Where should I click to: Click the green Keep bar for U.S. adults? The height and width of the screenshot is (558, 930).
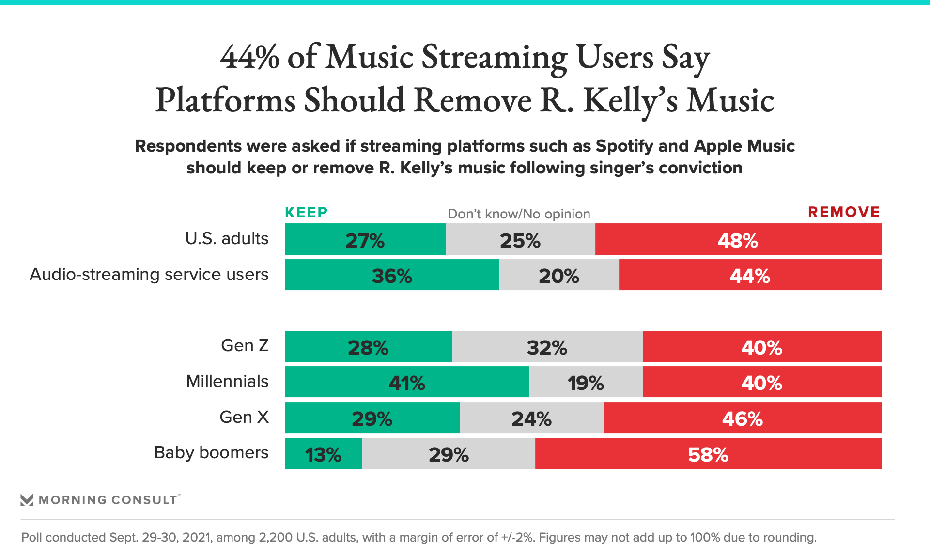click(365, 239)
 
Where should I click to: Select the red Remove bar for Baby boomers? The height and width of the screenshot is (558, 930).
click(708, 454)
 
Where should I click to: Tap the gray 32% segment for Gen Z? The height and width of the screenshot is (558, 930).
click(547, 347)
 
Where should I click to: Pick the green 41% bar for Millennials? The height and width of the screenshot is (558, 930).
click(407, 382)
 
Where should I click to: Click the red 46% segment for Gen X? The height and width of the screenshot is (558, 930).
click(742, 418)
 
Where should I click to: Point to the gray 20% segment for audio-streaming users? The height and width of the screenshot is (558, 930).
click(559, 275)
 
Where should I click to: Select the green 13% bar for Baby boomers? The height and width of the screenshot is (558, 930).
click(323, 454)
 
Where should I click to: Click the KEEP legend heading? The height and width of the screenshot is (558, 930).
click(306, 212)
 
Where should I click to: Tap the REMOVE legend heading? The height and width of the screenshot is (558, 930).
click(844, 212)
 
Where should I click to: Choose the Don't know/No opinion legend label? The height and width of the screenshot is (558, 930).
click(519, 214)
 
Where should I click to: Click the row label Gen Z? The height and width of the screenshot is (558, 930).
click(245, 346)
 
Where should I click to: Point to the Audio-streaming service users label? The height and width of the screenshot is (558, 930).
click(149, 275)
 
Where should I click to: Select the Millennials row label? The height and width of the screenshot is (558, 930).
click(227, 382)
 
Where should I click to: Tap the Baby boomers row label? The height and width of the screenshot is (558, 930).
click(211, 453)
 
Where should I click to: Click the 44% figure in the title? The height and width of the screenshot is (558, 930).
click(250, 57)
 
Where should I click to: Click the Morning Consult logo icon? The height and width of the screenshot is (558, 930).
click(27, 500)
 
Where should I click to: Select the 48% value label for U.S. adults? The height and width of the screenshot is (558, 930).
click(738, 240)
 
